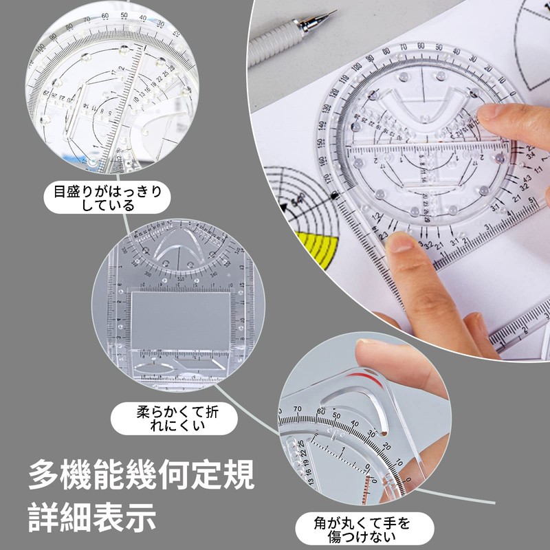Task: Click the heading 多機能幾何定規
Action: coord(141,474)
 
